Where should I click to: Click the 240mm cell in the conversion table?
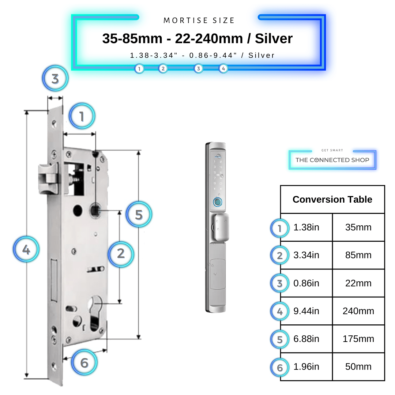[358, 311]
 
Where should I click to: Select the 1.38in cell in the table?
[306, 227]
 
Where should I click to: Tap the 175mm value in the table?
[358, 339]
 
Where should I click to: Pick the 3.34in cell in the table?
[306, 255]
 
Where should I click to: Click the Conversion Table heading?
[332, 199]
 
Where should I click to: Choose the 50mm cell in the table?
[358, 367]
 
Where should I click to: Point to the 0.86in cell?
[306, 283]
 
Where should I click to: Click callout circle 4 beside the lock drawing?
[26, 250]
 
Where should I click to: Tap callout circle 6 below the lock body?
[84, 363]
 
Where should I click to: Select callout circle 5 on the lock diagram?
[139, 215]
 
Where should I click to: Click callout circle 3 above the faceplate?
[55, 79]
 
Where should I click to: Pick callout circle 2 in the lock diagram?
[121, 253]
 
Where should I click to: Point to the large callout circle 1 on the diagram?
[82, 117]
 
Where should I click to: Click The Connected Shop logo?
[332, 160]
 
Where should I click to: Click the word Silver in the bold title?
[274, 38]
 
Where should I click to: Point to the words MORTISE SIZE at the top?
[199, 20]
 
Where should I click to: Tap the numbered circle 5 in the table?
[280, 340]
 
